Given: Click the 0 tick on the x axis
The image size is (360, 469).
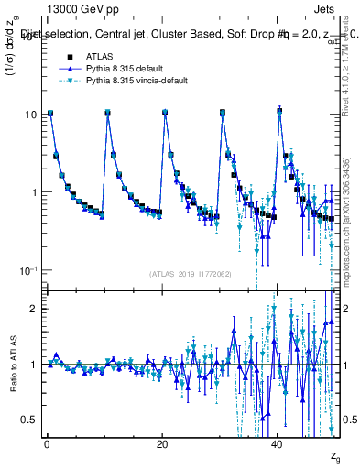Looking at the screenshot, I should tap(47, 444).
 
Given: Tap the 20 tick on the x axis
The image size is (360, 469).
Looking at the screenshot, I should tap(162, 444).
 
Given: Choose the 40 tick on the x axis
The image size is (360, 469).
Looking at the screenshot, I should tap(278, 444).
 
